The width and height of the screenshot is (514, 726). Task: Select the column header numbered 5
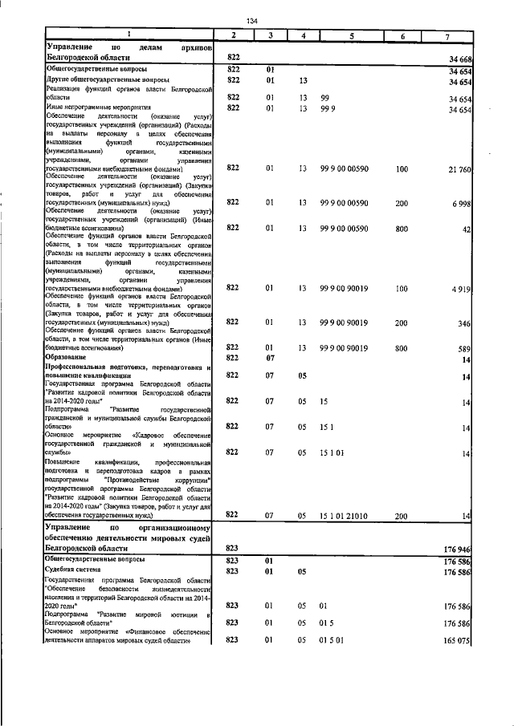[352, 37]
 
